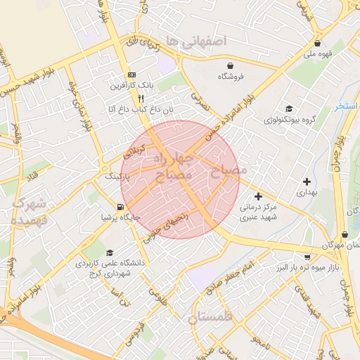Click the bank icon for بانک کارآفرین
pos(131,75)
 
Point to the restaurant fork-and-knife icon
pos(141,98)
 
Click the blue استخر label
pos(347,106)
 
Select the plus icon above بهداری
pos(307,181)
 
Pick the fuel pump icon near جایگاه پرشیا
pos(122,207)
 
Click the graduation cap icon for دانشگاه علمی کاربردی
pos(109,253)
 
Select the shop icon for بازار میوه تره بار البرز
pos(309,257)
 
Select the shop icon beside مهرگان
pos(345,235)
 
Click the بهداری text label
pos(307,192)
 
